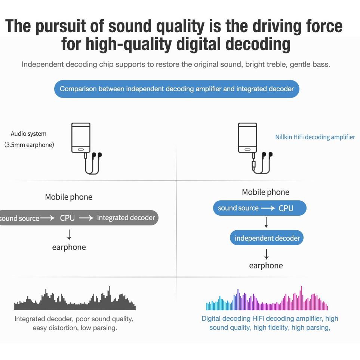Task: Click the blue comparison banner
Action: click(176, 89)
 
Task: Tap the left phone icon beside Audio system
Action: click(81, 138)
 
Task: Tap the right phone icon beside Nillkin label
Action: click(247, 138)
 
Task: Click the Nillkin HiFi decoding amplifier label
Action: click(315, 137)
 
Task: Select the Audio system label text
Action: click(29, 133)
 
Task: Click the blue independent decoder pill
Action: click(267, 238)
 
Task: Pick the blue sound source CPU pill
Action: click(260, 208)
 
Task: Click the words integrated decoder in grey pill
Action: click(126, 218)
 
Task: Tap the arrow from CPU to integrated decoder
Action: click(86, 218)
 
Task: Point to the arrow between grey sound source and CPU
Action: click(47, 218)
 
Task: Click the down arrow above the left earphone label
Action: click(69, 235)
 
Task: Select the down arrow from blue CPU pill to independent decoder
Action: click(266, 222)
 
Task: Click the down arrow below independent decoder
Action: click(266, 254)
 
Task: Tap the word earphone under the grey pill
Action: click(69, 247)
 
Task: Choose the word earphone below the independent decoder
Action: click(266, 266)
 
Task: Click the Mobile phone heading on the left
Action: click(69, 197)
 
